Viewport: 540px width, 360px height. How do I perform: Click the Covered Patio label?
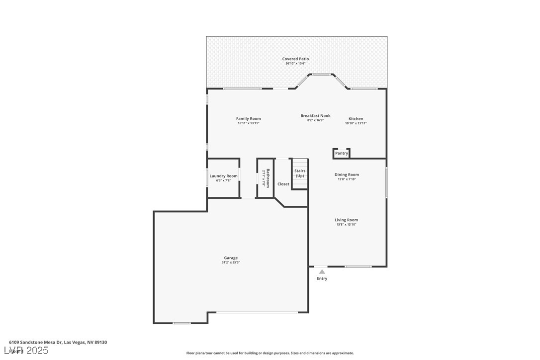[295, 59]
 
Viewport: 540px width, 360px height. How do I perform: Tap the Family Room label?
[248, 118]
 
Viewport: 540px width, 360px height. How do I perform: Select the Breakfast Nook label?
[315, 115]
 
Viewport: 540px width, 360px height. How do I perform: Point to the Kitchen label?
[356, 118]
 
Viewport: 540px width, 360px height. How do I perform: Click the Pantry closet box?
[341, 153]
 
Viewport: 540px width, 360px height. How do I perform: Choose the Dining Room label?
[347, 175]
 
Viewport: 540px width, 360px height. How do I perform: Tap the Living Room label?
[346, 220]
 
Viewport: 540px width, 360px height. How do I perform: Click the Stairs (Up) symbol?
[300, 174]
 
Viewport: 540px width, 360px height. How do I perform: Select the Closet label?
[283, 184]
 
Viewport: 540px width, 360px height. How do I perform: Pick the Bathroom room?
[266, 178]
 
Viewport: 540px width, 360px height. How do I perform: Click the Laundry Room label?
[223, 176]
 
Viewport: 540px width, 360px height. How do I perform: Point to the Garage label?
[231, 258]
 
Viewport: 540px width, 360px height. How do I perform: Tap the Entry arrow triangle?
[322, 271]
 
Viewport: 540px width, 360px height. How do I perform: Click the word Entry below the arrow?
[322, 278]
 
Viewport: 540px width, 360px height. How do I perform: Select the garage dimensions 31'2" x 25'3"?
[231, 263]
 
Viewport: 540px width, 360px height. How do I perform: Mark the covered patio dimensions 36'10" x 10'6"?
[295, 64]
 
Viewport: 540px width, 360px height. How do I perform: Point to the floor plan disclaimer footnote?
[270, 353]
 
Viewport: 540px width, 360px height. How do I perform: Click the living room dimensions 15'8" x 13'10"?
[346, 225]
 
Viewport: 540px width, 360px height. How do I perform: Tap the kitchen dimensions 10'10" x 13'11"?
[356, 123]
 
